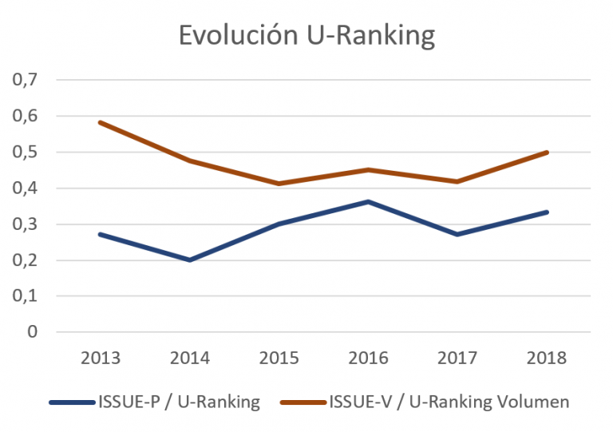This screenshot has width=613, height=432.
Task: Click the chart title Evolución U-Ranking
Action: (306, 37)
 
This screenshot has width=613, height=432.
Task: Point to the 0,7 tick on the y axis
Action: (27, 80)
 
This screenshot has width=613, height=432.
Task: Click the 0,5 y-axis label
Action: (27, 152)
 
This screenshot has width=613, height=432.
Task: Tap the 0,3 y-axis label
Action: (27, 224)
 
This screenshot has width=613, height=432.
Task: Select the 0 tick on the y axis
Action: (33, 332)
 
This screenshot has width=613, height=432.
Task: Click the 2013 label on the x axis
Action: (101, 358)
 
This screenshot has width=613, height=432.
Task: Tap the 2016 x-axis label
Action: (368, 358)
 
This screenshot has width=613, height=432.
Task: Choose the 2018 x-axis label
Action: (547, 358)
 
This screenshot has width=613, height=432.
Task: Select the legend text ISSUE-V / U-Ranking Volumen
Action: (449, 402)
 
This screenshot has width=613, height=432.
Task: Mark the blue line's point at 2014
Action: (190, 260)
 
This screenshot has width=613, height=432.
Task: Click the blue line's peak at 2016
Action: (368, 201)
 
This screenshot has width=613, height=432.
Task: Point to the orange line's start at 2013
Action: (101, 122)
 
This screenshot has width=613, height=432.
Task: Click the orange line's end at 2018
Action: (547, 152)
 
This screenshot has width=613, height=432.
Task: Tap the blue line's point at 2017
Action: (457, 234)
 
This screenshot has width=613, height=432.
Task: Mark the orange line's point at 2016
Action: (368, 169)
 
